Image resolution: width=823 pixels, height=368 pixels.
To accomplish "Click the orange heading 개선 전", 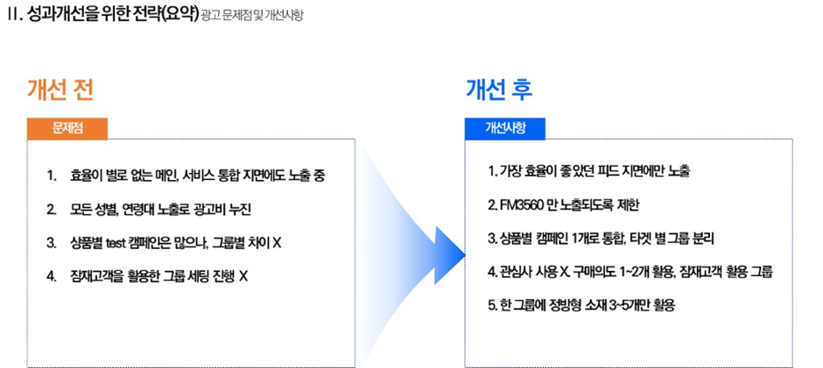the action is [x=60, y=90].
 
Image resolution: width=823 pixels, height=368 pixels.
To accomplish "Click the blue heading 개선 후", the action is [x=499, y=90].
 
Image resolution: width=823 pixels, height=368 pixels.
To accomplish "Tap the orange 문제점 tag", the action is [x=67, y=128].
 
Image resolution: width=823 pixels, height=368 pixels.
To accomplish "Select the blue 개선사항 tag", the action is [x=505, y=128].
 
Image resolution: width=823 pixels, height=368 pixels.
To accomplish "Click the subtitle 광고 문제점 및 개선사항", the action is [x=251, y=16].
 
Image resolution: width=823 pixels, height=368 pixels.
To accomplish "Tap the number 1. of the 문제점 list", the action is [x=51, y=177].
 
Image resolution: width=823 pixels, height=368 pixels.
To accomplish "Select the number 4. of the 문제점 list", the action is [x=52, y=277].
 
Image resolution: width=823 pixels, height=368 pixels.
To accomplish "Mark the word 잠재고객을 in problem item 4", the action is [x=96, y=277].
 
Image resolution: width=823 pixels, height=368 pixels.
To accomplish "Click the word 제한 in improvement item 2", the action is [x=629, y=205].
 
